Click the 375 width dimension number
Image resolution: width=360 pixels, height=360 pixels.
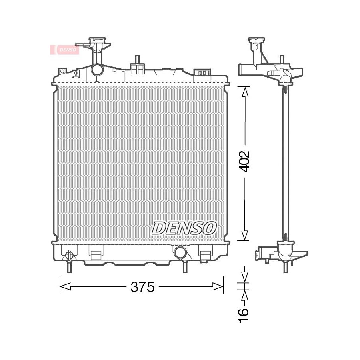click(142, 287)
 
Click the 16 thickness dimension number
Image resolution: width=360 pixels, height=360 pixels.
click(244, 316)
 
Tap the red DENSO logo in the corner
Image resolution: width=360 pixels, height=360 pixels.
click(65, 50)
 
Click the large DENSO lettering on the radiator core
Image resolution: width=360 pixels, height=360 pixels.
click(184, 228)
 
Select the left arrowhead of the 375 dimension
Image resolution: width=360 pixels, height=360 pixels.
click(65, 286)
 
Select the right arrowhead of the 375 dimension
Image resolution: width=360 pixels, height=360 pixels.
click(218, 286)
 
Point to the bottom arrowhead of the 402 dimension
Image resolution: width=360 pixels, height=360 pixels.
click(245, 236)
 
